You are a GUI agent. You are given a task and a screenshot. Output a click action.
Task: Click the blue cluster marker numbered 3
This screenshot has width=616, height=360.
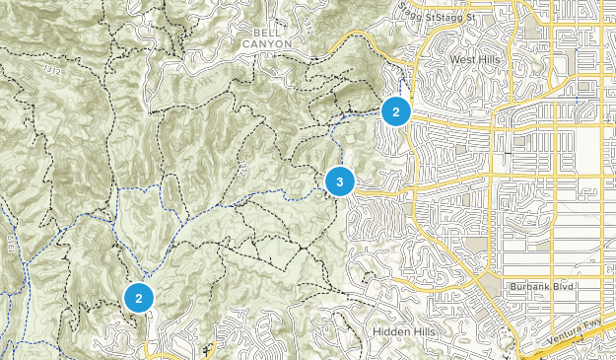click(339, 181)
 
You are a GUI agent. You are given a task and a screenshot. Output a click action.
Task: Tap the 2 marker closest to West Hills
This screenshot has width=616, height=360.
click(395, 111)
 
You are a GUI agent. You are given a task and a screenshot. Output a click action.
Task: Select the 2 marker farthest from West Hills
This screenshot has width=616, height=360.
click(140, 297)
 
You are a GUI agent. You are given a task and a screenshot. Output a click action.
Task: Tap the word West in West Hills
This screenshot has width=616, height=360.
click(462, 59)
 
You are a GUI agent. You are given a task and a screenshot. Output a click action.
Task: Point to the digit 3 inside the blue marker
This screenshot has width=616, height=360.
click(339, 181)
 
